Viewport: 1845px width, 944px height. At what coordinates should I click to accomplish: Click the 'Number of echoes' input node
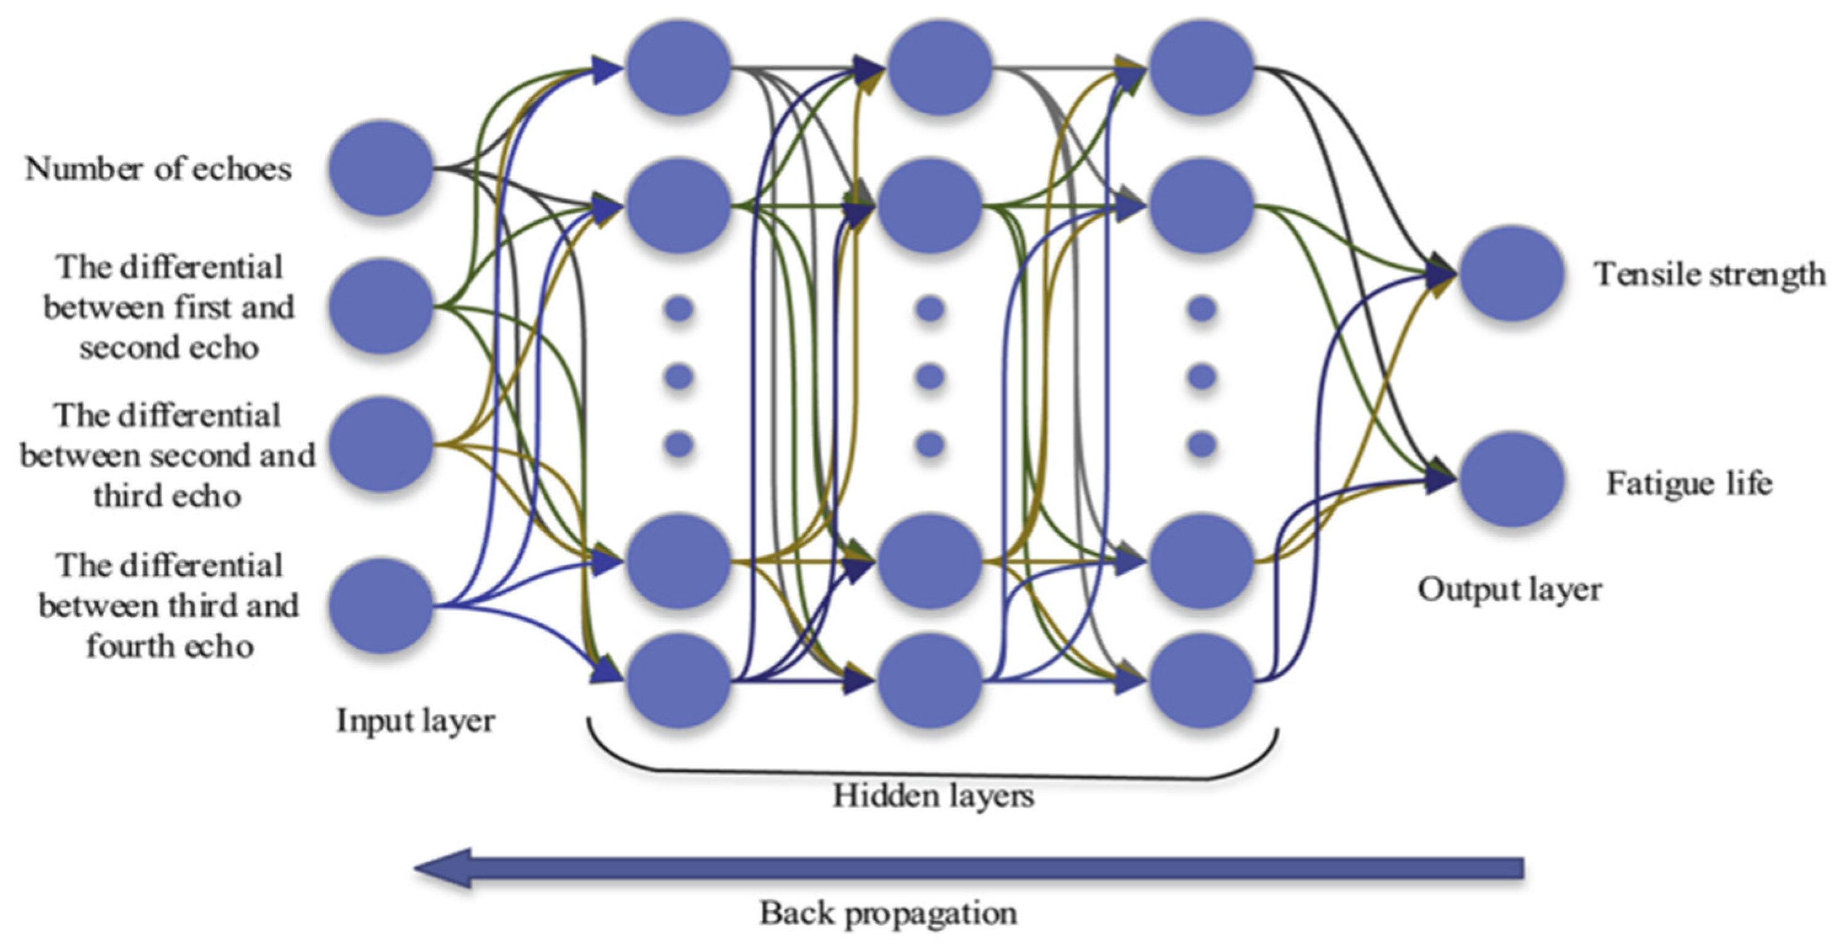click(x=381, y=169)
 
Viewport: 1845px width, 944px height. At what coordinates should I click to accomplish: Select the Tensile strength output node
click(x=1511, y=273)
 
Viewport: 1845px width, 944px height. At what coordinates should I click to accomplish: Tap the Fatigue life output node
click(x=1511, y=478)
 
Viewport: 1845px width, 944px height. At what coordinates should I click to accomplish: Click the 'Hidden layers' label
click(x=933, y=796)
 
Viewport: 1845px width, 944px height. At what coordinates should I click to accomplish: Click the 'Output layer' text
click(x=1509, y=590)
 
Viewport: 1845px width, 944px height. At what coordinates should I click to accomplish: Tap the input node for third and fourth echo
click(x=381, y=606)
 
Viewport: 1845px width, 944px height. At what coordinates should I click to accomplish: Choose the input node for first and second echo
click(x=381, y=306)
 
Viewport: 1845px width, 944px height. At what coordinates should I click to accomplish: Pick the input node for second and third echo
click(x=381, y=445)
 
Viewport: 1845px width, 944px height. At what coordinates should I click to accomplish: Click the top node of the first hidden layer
click(x=678, y=67)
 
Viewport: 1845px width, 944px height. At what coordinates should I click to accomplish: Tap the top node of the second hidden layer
click(x=939, y=67)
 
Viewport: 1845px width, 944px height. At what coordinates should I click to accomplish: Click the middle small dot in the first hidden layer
click(x=678, y=376)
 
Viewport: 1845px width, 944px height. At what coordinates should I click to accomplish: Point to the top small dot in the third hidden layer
click(x=1201, y=309)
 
